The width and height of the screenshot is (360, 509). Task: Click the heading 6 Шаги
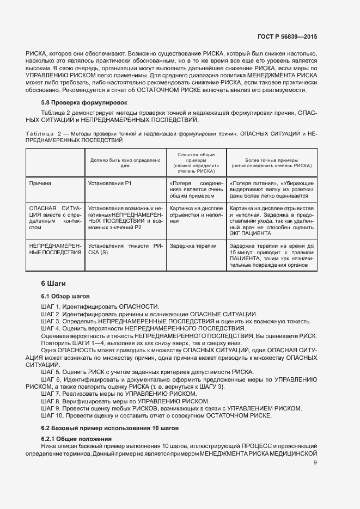click(x=54, y=284)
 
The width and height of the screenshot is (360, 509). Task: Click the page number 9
click(x=315, y=463)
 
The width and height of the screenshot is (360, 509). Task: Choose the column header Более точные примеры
click(x=271, y=162)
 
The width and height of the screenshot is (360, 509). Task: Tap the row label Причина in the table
click(x=40, y=183)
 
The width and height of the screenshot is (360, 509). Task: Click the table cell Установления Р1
click(x=109, y=183)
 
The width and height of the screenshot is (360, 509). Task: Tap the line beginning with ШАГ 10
click(x=156, y=415)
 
